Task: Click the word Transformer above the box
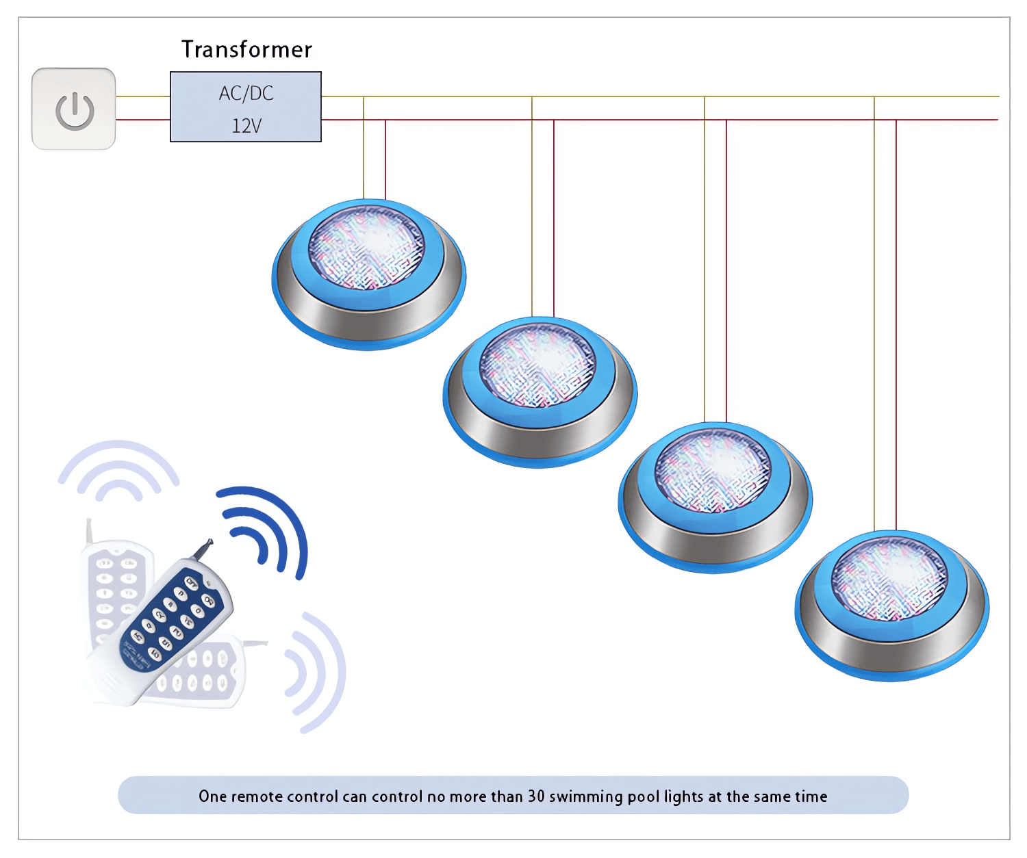pos(247,49)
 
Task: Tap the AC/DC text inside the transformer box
pos(246,93)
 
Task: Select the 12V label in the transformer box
pos(246,126)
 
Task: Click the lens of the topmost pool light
pos(366,247)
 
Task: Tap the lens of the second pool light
pos(537,365)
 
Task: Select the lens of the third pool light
pos(713,471)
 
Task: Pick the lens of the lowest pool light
pos(889,578)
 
